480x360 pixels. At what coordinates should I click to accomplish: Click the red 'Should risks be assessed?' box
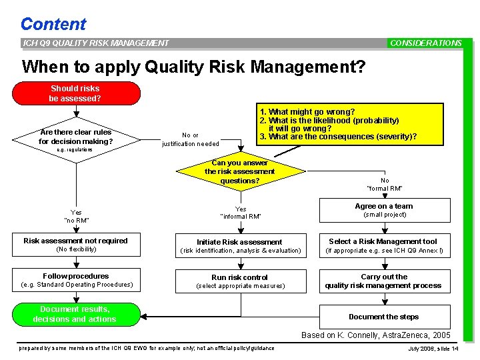coord(75,93)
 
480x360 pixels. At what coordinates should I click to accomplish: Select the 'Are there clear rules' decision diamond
coord(75,137)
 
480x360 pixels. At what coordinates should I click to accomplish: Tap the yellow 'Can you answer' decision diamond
coord(239,172)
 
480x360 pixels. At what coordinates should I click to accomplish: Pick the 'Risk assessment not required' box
coord(76,245)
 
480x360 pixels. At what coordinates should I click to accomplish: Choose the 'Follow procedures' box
coord(76,280)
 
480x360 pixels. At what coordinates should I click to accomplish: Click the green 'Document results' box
coord(76,315)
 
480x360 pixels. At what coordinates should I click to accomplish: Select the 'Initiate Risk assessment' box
coord(239,245)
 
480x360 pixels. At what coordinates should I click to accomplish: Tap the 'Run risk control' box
coord(239,281)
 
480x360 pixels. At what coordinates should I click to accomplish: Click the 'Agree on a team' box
coord(384,210)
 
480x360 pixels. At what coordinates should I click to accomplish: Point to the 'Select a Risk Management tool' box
coord(384,245)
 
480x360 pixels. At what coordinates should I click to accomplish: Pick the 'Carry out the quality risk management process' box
coord(384,281)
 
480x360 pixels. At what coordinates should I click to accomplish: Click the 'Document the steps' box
coord(384,317)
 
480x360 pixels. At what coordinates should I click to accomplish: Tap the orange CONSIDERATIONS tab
coord(425,43)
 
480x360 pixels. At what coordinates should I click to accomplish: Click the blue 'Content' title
coord(53,24)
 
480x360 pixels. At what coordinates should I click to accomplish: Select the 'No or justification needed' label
coord(190,139)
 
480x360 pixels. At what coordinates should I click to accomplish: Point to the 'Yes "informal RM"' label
coord(241,212)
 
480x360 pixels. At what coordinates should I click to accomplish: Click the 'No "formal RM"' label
coord(385,185)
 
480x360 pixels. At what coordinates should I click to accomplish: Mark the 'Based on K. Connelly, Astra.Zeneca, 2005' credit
coord(376,335)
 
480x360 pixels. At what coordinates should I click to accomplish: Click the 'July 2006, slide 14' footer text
coord(433,349)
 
